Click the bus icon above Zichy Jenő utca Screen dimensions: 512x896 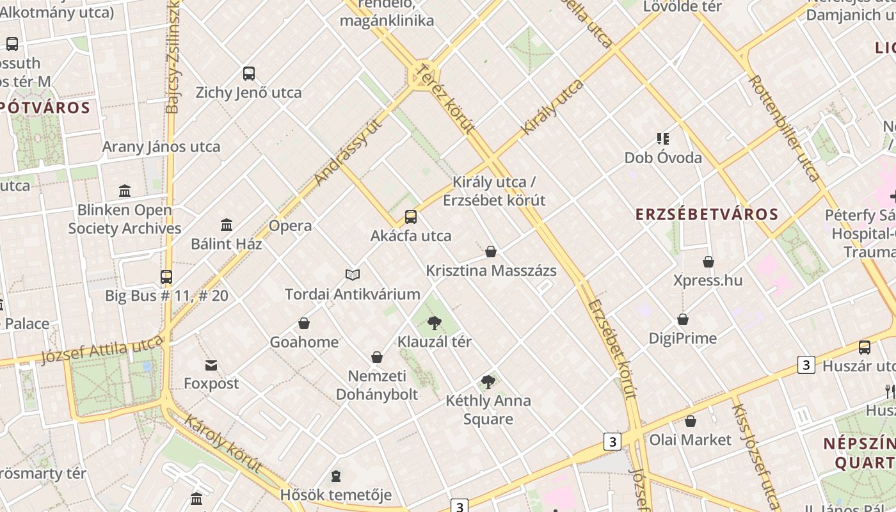click(x=249, y=74)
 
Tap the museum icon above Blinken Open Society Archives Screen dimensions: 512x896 click(x=125, y=191)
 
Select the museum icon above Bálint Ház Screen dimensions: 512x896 click(x=227, y=225)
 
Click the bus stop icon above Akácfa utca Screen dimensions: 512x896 click(x=411, y=217)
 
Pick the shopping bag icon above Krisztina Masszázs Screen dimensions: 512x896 click(x=491, y=252)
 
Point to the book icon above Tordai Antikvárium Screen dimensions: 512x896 click(x=353, y=275)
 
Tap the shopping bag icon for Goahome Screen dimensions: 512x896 click(x=304, y=323)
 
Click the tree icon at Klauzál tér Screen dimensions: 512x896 click(x=435, y=323)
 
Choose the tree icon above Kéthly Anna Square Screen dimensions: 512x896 click(x=488, y=382)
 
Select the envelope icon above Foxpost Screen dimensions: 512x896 click(x=211, y=365)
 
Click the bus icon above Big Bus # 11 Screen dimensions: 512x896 click(x=166, y=277)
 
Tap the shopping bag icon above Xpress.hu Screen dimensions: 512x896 click(x=708, y=262)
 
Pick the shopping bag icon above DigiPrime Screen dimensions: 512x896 click(x=683, y=319)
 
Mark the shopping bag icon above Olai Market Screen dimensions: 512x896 click(x=691, y=421)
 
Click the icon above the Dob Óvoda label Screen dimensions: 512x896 click(x=663, y=139)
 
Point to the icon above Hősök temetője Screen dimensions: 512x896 click(x=336, y=476)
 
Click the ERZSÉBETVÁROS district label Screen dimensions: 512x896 click(x=707, y=214)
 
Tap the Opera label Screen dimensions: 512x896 click(x=291, y=226)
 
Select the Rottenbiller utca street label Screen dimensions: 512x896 click(x=783, y=128)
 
